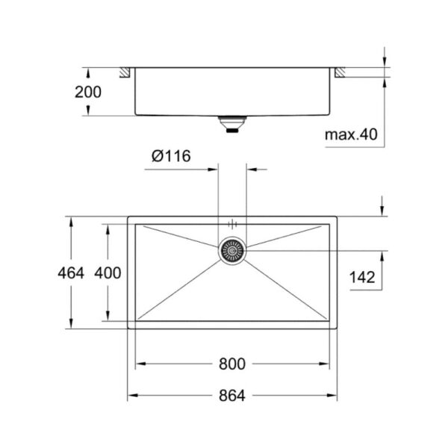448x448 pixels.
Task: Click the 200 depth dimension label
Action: pyautogui.click(x=88, y=92)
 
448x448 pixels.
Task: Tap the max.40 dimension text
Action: pyautogui.click(x=351, y=134)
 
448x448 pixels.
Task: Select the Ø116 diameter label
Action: pyautogui.click(x=171, y=156)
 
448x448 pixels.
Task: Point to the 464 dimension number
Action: pyautogui.click(x=71, y=273)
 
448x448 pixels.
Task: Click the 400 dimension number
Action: pyautogui.click(x=108, y=273)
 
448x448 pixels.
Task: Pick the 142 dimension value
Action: pyautogui.click(x=362, y=277)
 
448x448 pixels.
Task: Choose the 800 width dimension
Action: pyautogui.click(x=232, y=364)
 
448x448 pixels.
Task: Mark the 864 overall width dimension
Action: pyautogui.click(x=232, y=396)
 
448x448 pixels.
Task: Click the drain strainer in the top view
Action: pyautogui.click(x=232, y=251)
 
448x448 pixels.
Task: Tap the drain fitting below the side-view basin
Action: pyautogui.click(x=232, y=124)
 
